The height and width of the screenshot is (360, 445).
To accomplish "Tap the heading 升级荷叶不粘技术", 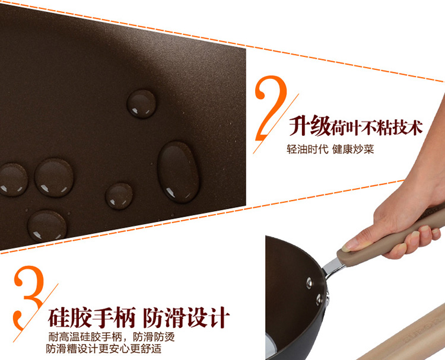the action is pos(356,126).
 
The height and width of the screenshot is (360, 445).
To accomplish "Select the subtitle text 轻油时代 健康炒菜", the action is pos(330,149).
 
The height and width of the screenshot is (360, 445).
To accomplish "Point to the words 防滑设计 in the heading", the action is pos(186,317).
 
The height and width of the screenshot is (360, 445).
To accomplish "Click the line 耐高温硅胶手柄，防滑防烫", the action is pos(112,337).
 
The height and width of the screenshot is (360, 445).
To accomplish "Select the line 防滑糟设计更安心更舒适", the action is pos(104,348).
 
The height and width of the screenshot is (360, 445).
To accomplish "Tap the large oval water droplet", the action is pos(178,172).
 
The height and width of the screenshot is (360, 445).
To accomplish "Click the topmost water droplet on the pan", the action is pos(141,104).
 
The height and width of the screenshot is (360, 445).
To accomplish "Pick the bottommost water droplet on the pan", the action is pos(47,226).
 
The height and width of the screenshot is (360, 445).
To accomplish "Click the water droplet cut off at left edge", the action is pos(13,179).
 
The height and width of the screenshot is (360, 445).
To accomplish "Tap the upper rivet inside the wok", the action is pos(309,283).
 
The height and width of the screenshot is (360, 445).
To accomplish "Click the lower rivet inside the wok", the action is pos(319,300).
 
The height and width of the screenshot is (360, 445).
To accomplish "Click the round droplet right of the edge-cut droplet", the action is pos(54,177).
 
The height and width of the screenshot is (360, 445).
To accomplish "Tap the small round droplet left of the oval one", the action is pos(119,196).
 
